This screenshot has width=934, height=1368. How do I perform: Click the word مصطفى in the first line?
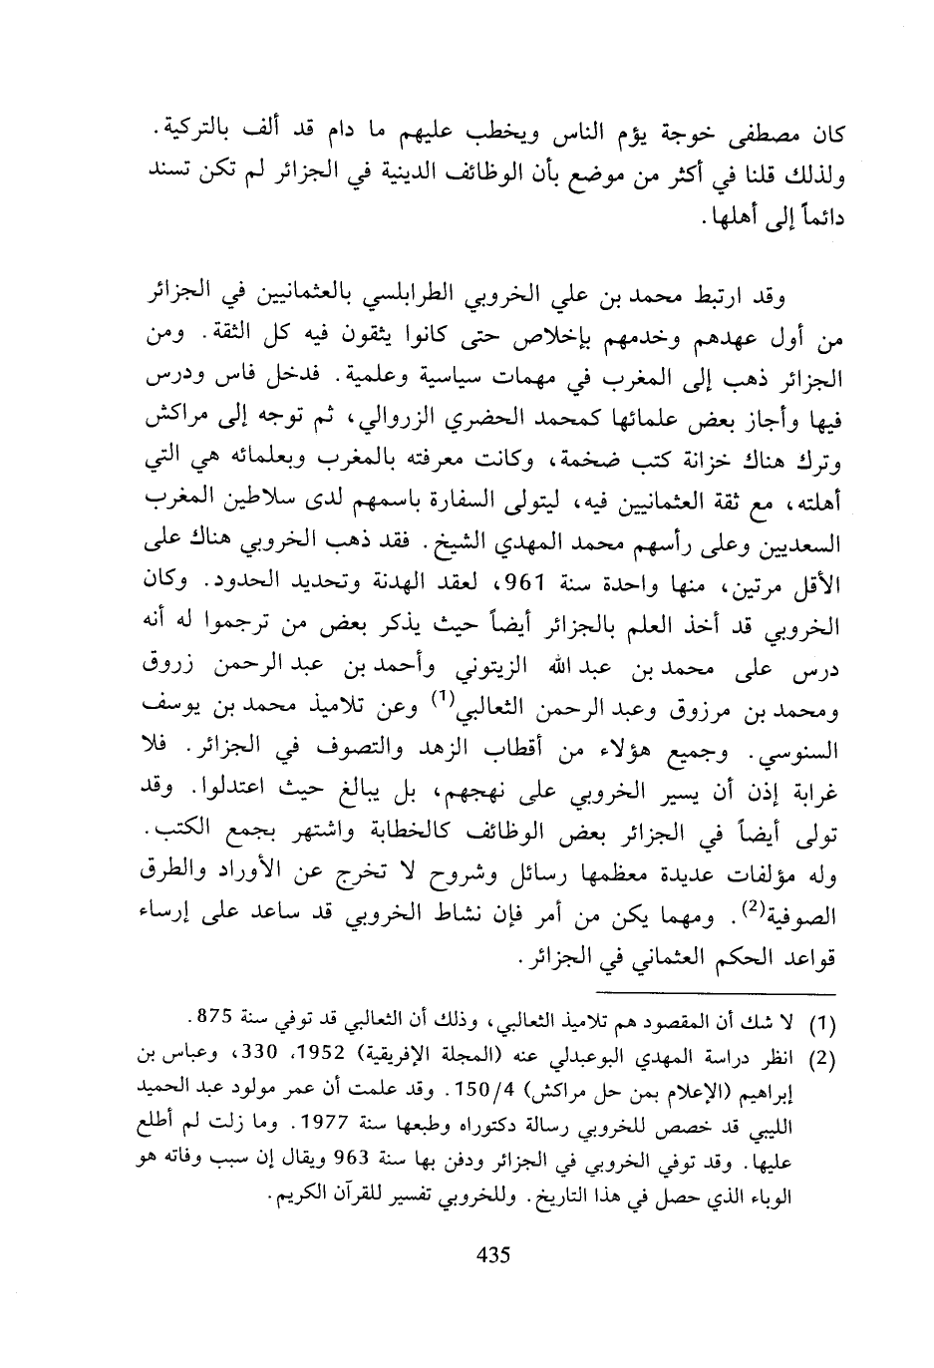click(x=755, y=134)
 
